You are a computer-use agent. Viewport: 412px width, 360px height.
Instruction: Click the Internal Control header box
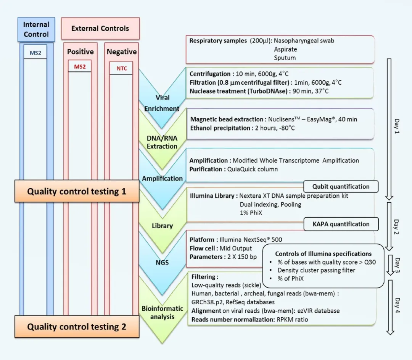click(x=36, y=29)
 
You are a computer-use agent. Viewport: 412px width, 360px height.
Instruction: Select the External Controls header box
click(x=100, y=29)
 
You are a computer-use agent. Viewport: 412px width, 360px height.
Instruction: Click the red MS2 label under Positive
click(x=80, y=66)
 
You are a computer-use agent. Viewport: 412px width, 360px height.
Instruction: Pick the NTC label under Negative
click(x=121, y=69)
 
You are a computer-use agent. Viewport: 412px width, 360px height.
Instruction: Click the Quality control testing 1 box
click(x=77, y=191)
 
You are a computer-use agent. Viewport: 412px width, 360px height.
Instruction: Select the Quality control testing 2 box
click(x=77, y=327)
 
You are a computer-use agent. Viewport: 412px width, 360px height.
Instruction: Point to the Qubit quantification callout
click(x=341, y=187)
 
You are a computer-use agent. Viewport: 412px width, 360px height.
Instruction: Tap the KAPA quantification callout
click(x=341, y=224)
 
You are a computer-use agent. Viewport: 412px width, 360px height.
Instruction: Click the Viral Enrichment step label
click(x=162, y=103)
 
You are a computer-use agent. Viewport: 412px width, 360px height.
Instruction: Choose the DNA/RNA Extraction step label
click(x=162, y=142)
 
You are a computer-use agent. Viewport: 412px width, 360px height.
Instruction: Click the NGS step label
click(x=162, y=263)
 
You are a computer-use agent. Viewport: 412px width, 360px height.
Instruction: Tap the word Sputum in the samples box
click(x=285, y=58)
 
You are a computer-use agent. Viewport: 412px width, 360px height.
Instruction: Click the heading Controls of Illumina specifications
click(x=323, y=254)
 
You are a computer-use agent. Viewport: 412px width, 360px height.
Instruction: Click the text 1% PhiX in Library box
click(x=248, y=213)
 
